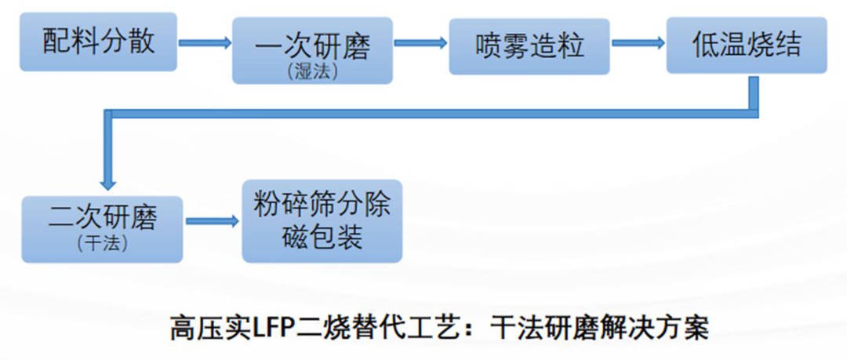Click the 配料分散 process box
[98, 41]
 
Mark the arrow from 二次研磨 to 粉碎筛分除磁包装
[212, 222]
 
